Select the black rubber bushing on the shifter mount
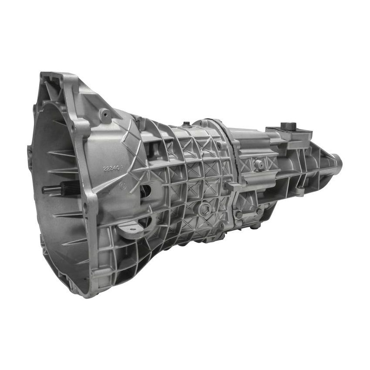click(289, 126)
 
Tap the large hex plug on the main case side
click(204, 210)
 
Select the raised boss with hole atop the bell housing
click(104, 115)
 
